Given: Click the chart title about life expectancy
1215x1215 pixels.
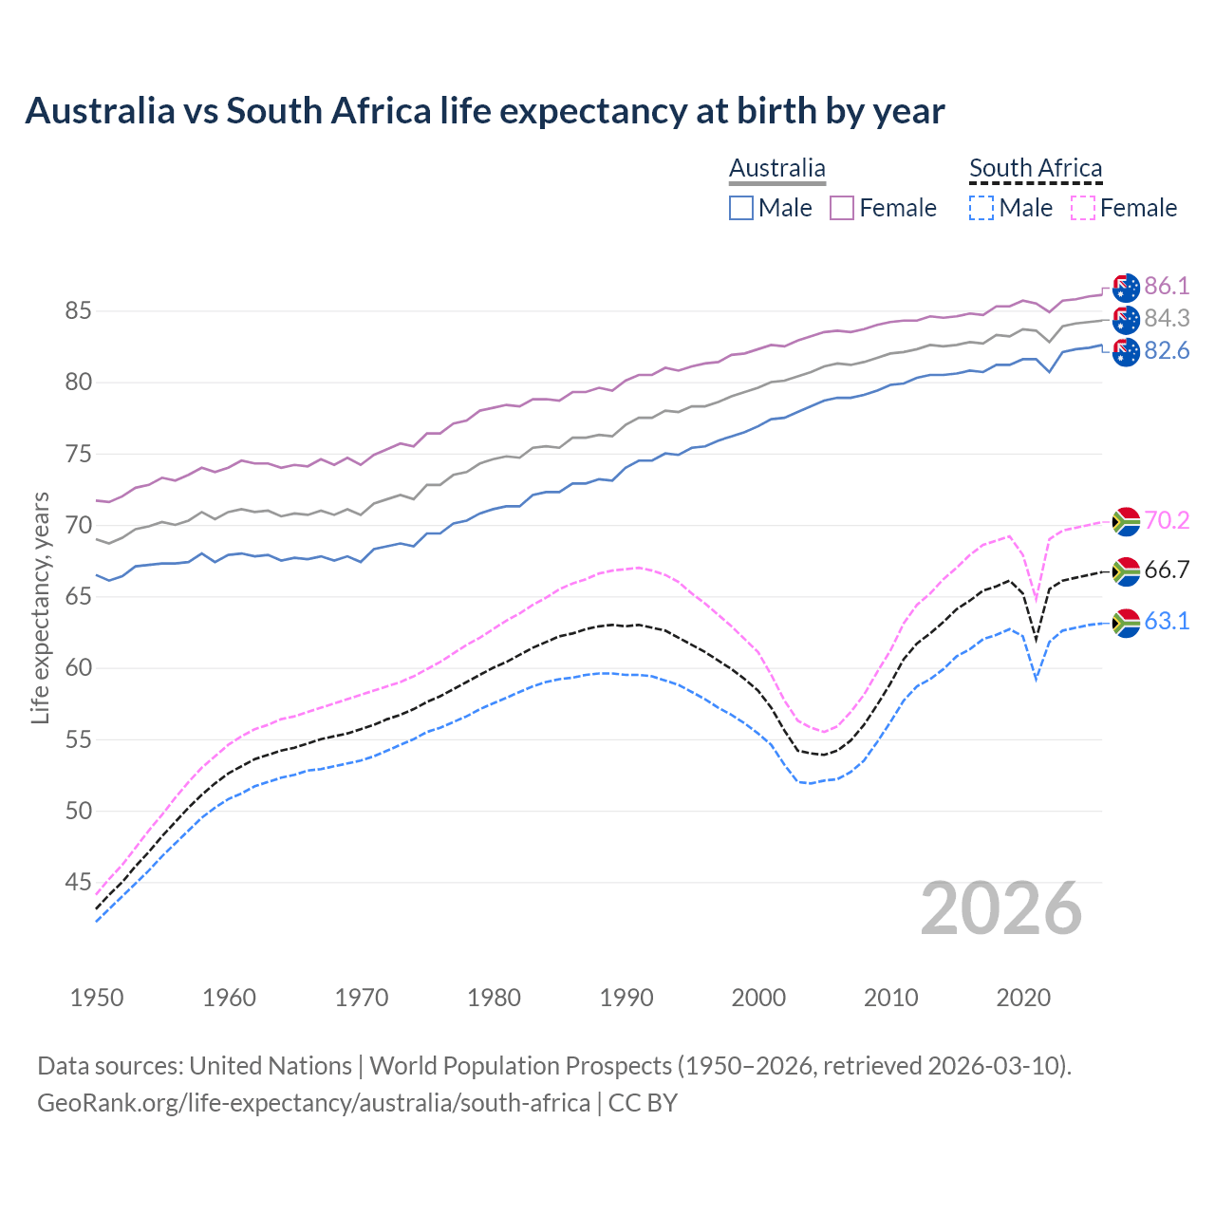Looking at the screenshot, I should pos(484,111).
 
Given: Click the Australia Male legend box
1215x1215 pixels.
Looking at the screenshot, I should pos(741,208).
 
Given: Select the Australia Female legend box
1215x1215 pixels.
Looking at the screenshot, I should pos(842,208).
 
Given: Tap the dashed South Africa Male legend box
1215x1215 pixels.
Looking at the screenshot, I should pos(981,208).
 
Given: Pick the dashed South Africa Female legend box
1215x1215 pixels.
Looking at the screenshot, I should pos(1082,208).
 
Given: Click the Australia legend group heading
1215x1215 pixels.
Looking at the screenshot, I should pos(777,169).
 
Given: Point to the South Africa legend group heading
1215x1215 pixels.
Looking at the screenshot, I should pos(1036,169).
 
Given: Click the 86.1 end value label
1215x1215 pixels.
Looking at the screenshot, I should pos(1167,287).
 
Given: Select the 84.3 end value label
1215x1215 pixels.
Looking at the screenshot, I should pos(1167,319).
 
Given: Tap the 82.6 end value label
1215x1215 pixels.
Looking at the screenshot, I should pos(1167,351).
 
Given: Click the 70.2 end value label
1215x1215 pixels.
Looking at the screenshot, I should pos(1167,520).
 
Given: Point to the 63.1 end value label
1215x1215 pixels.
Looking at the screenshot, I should pos(1167,622).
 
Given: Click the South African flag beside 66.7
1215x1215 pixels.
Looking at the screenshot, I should pos(1126,570).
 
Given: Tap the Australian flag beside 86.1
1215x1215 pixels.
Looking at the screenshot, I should pos(1126,288).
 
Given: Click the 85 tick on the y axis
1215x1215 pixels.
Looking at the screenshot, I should pos(78,311).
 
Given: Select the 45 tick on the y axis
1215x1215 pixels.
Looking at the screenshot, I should pos(78,883).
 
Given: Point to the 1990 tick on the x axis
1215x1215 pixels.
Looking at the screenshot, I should pos(626,998).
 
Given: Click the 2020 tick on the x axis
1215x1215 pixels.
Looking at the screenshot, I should pos(1023,998).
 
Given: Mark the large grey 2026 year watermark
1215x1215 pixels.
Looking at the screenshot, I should pos(1001,908).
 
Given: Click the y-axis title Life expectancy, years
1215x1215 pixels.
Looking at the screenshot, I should pos(40,607).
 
